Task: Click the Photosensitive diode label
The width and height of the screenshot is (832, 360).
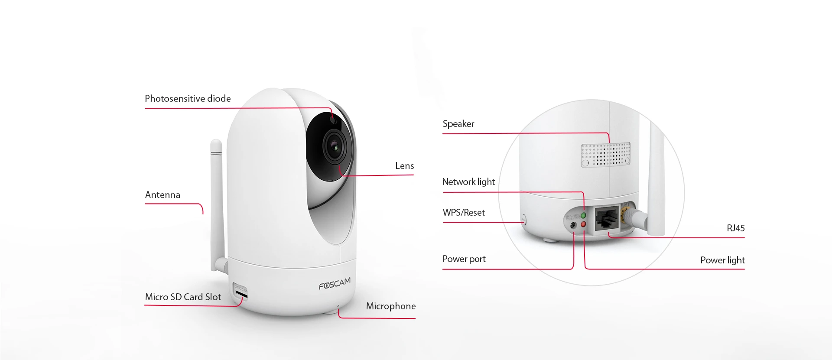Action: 188,99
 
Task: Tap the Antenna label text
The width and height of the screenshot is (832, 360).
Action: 162,195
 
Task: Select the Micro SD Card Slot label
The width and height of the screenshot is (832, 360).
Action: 183,297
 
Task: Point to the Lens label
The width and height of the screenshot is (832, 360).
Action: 404,166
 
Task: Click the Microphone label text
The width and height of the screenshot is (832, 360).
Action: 391,306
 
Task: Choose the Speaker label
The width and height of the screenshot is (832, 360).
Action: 458,124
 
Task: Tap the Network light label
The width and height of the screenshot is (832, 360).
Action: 468,182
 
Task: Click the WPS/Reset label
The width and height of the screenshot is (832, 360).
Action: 464,213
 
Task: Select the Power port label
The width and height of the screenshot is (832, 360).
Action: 464,259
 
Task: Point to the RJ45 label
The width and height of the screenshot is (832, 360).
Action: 736,228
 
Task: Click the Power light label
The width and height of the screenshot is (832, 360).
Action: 722,260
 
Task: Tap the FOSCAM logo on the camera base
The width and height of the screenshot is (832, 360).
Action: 335,284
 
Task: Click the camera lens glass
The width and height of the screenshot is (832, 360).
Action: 335,146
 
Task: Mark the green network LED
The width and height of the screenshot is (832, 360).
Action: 583,215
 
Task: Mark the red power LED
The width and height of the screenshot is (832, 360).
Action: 583,224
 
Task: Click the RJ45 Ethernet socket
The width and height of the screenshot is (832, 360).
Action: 606,219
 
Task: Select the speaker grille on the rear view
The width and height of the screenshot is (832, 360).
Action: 605,154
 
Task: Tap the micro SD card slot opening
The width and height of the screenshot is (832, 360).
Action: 241,295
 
